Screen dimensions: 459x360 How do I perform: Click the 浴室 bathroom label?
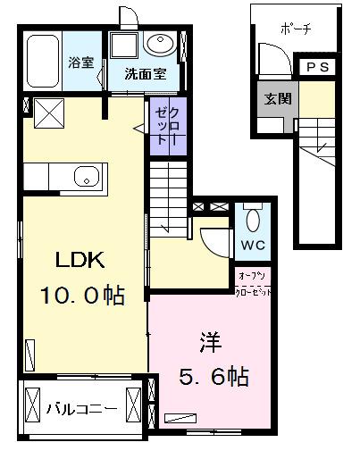(82, 63)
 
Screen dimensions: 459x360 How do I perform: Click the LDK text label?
(82, 262)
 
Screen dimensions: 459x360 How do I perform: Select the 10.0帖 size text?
(82, 295)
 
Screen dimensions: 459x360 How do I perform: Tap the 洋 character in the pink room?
(210, 343)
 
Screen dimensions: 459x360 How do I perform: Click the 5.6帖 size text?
(211, 376)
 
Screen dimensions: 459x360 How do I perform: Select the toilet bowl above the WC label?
(251, 220)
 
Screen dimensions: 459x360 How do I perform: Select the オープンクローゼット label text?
(254, 282)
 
